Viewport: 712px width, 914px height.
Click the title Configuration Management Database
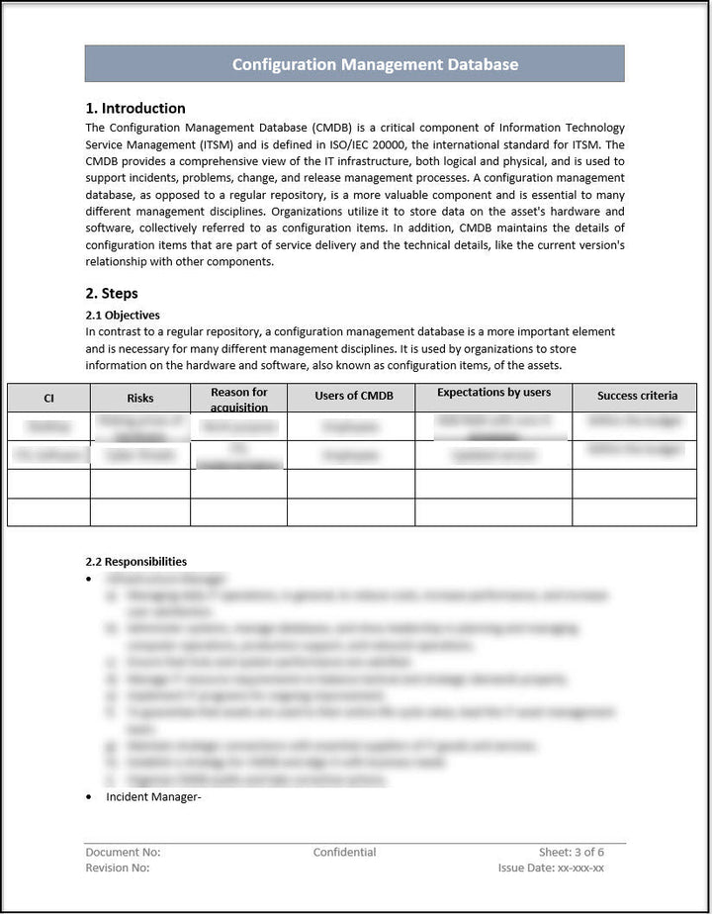[375, 64]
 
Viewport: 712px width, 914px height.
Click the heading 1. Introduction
[135, 108]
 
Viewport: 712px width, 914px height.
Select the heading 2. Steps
[112, 293]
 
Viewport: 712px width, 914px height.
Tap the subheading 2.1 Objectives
[123, 315]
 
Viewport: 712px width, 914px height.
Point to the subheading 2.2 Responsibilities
[135, 561]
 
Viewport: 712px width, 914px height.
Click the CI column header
[48, 398]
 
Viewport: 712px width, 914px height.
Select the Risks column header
[140, 398]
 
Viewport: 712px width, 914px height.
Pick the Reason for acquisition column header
[238, 399]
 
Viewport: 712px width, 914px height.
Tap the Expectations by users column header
[493, 392]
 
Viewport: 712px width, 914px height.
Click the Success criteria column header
[637, 396]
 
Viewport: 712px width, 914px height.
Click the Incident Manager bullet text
[153, 797]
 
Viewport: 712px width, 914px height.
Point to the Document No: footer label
[123, 852]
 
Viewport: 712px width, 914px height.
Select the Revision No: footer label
[118, 868]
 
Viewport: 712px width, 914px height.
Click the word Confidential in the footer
[344, 852]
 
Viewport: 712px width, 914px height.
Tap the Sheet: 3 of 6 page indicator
[571, 852]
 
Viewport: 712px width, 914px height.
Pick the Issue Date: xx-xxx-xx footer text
[551, 868]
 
